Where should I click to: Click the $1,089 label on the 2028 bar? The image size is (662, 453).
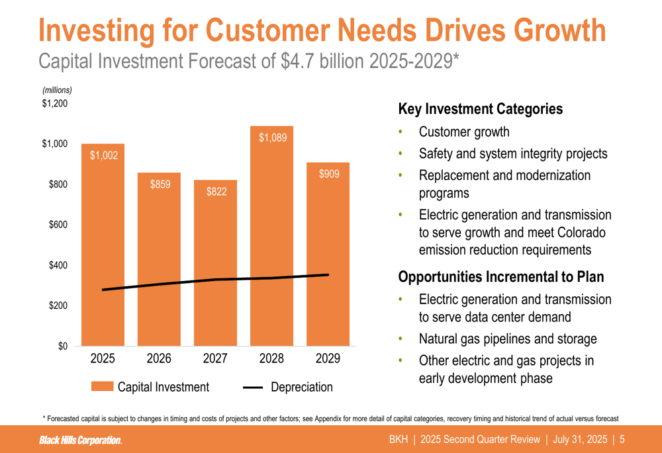click(x=272, y=138)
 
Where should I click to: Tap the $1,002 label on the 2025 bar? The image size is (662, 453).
click(x=103, y=155)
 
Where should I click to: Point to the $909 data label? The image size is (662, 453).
click(x=329, y=174)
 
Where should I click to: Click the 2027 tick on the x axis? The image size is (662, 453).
click(x=215, y=359)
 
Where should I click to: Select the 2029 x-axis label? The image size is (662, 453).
click(x=328, y=359)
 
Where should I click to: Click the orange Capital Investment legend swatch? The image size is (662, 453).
click(x=102, y=387)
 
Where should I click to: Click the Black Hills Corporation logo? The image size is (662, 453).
click(x=80, y=440)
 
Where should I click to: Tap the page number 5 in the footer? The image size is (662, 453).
click(x=623, y=440)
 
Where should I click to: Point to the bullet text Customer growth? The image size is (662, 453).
click(x=464, y=132)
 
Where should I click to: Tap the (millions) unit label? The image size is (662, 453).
click(x=57, y=90)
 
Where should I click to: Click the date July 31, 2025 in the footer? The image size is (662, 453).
click(x=580, y=440)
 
